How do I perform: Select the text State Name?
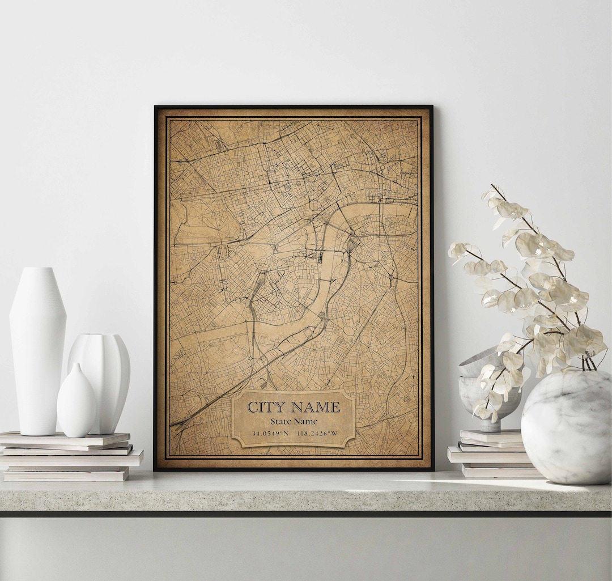(294, 421)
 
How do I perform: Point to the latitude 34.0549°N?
(270, 434)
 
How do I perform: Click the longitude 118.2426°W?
(317, 434)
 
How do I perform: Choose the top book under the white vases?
(65, 438)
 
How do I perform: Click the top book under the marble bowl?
(491, 436)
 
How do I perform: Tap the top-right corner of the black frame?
(431, 107)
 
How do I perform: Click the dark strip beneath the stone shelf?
(306, 514)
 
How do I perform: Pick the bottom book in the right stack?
(499, 471)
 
